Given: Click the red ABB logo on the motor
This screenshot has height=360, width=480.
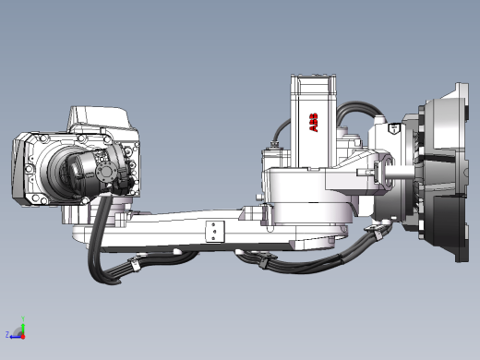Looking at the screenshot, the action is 314,123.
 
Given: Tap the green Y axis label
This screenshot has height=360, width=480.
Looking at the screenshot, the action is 23,319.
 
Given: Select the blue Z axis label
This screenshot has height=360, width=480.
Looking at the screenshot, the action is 7,334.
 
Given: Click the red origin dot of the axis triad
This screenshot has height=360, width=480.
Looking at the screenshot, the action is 23,337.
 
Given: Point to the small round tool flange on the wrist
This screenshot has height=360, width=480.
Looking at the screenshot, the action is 106,172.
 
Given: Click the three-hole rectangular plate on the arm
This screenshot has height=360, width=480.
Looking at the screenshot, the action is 214,232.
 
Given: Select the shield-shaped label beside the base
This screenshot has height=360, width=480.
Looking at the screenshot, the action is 394,127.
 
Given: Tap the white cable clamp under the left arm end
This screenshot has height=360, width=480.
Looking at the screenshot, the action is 134,263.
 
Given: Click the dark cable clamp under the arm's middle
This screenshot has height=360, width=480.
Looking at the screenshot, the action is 263,261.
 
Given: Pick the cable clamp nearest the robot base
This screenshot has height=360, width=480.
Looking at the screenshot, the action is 375,232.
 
